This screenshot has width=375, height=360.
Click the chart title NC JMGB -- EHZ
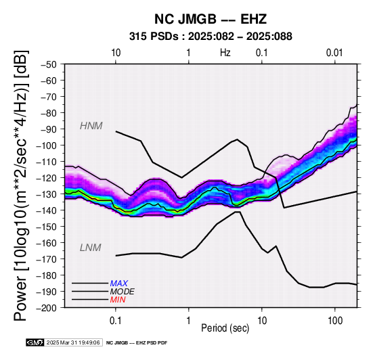tap(211, 19)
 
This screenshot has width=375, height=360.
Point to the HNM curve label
tap(91, 126)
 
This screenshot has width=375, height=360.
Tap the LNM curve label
tap(91, 248)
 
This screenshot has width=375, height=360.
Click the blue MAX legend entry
tap(119, 284)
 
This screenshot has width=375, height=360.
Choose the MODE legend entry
tap(123, 292)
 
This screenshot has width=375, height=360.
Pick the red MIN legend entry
tap(118, 300)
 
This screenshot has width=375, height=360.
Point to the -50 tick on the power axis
tap(48, 64)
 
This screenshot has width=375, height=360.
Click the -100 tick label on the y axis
tap(46, 145)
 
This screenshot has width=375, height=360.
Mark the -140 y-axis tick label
tap(46, 210)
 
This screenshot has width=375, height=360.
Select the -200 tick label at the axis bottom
tap(46, 308)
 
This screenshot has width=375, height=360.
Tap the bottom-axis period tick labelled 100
tap(335, 321)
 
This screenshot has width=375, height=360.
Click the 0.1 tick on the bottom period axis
tap(116, 321)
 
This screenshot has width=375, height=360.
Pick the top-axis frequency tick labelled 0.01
tap(334, 53)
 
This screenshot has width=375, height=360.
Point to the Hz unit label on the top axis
tap(225, 53)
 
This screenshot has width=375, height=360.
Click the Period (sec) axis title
tap(225, 328)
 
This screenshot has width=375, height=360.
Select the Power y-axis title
tap(21, 185)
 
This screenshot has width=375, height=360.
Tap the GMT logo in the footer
tap(35, 342)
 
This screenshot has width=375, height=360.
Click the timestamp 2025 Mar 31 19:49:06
tap(73, 342)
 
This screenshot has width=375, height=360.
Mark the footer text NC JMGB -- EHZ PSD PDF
tap(137, 343)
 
